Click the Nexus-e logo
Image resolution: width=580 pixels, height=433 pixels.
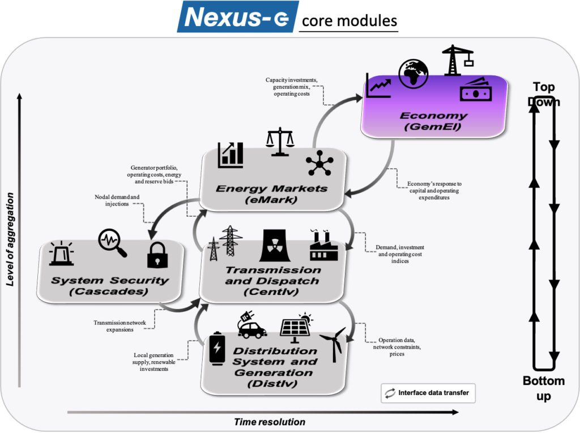point(237,16)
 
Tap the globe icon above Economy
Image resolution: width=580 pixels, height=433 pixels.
point(413,74)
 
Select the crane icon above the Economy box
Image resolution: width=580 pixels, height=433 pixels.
point(458,60)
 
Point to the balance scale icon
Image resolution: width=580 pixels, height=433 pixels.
point(280,142)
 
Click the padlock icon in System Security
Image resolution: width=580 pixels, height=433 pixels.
point(157,255)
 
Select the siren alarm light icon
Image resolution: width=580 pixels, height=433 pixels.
point(61,253)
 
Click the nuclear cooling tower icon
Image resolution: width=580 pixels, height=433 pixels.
point(275,245)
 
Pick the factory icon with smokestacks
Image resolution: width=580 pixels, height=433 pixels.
point(323,245)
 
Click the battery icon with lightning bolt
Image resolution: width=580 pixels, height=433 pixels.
point(217,348)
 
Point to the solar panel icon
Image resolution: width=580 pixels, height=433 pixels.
point(296,327)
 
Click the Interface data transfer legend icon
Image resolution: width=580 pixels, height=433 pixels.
point(390,393)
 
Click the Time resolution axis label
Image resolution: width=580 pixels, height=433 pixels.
point(270,422)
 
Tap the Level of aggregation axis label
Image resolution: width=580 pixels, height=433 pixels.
point(10,239)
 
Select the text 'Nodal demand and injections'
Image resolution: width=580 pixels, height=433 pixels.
point(117,200)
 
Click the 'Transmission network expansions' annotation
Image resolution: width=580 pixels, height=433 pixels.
point(120,326)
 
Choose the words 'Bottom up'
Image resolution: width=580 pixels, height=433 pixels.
point(544,388)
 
